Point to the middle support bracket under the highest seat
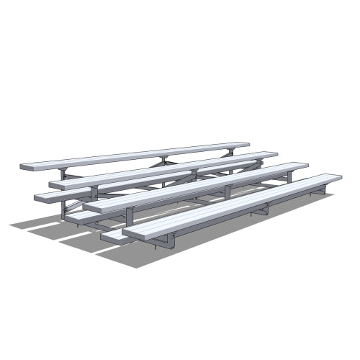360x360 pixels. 163,159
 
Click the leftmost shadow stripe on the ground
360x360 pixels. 32,222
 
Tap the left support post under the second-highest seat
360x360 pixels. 94,193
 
